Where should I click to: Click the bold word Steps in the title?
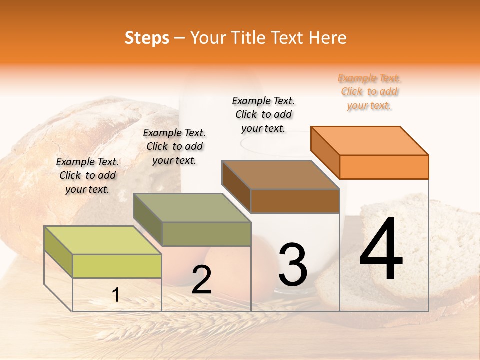[147, 38]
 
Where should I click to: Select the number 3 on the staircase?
[292, 265]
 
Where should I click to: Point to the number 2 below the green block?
[201, 280]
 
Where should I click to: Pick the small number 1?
[116, 295]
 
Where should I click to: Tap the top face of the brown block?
[280, 175]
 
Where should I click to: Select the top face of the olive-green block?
[192, 208]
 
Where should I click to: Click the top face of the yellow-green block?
[103, 240]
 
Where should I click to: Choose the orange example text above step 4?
[369, 91]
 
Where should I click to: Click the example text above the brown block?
[263, 114]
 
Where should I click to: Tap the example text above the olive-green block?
[174, 146]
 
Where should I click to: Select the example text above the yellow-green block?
[87, 175]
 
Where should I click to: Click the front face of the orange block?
[384, 167]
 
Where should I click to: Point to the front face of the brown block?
[295, 201]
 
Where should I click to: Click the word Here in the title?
[328, 38]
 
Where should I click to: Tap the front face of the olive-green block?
[206, 234]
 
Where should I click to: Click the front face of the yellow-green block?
[117, 266]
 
